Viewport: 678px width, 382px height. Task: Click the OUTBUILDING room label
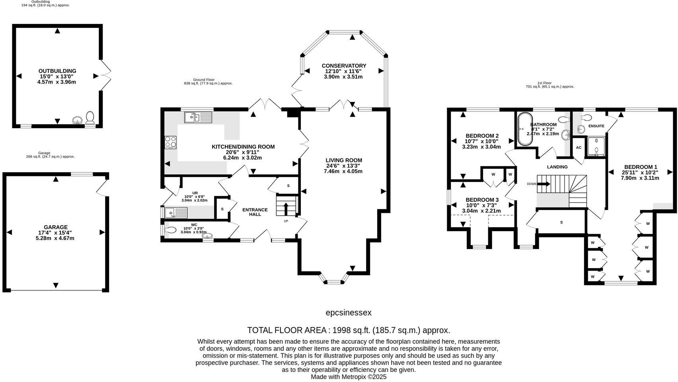pos(57,71)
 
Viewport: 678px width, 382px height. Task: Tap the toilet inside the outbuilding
pos(90,117)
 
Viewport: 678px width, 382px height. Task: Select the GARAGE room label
pos(56,227)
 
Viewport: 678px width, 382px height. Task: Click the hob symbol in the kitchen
pos(171,142)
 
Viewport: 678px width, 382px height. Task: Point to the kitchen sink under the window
pos(198,117)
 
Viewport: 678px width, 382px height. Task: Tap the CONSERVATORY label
pos(344,66)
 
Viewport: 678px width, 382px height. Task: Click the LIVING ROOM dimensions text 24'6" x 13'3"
pos(343,166)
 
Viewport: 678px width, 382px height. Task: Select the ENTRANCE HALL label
pos(255,212)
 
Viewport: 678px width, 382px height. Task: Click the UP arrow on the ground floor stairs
pos(286,208)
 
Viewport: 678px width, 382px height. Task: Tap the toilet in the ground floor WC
pos(170,230)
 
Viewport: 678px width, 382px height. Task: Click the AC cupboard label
pos(579,148)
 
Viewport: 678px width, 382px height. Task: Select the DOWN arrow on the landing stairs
pos(544,184)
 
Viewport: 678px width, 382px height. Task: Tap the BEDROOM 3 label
pos(482,200)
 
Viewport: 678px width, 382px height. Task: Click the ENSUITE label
pos(596,126)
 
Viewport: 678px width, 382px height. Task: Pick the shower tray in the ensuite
pos(596,147)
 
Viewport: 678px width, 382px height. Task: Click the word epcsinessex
pos(348,313)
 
